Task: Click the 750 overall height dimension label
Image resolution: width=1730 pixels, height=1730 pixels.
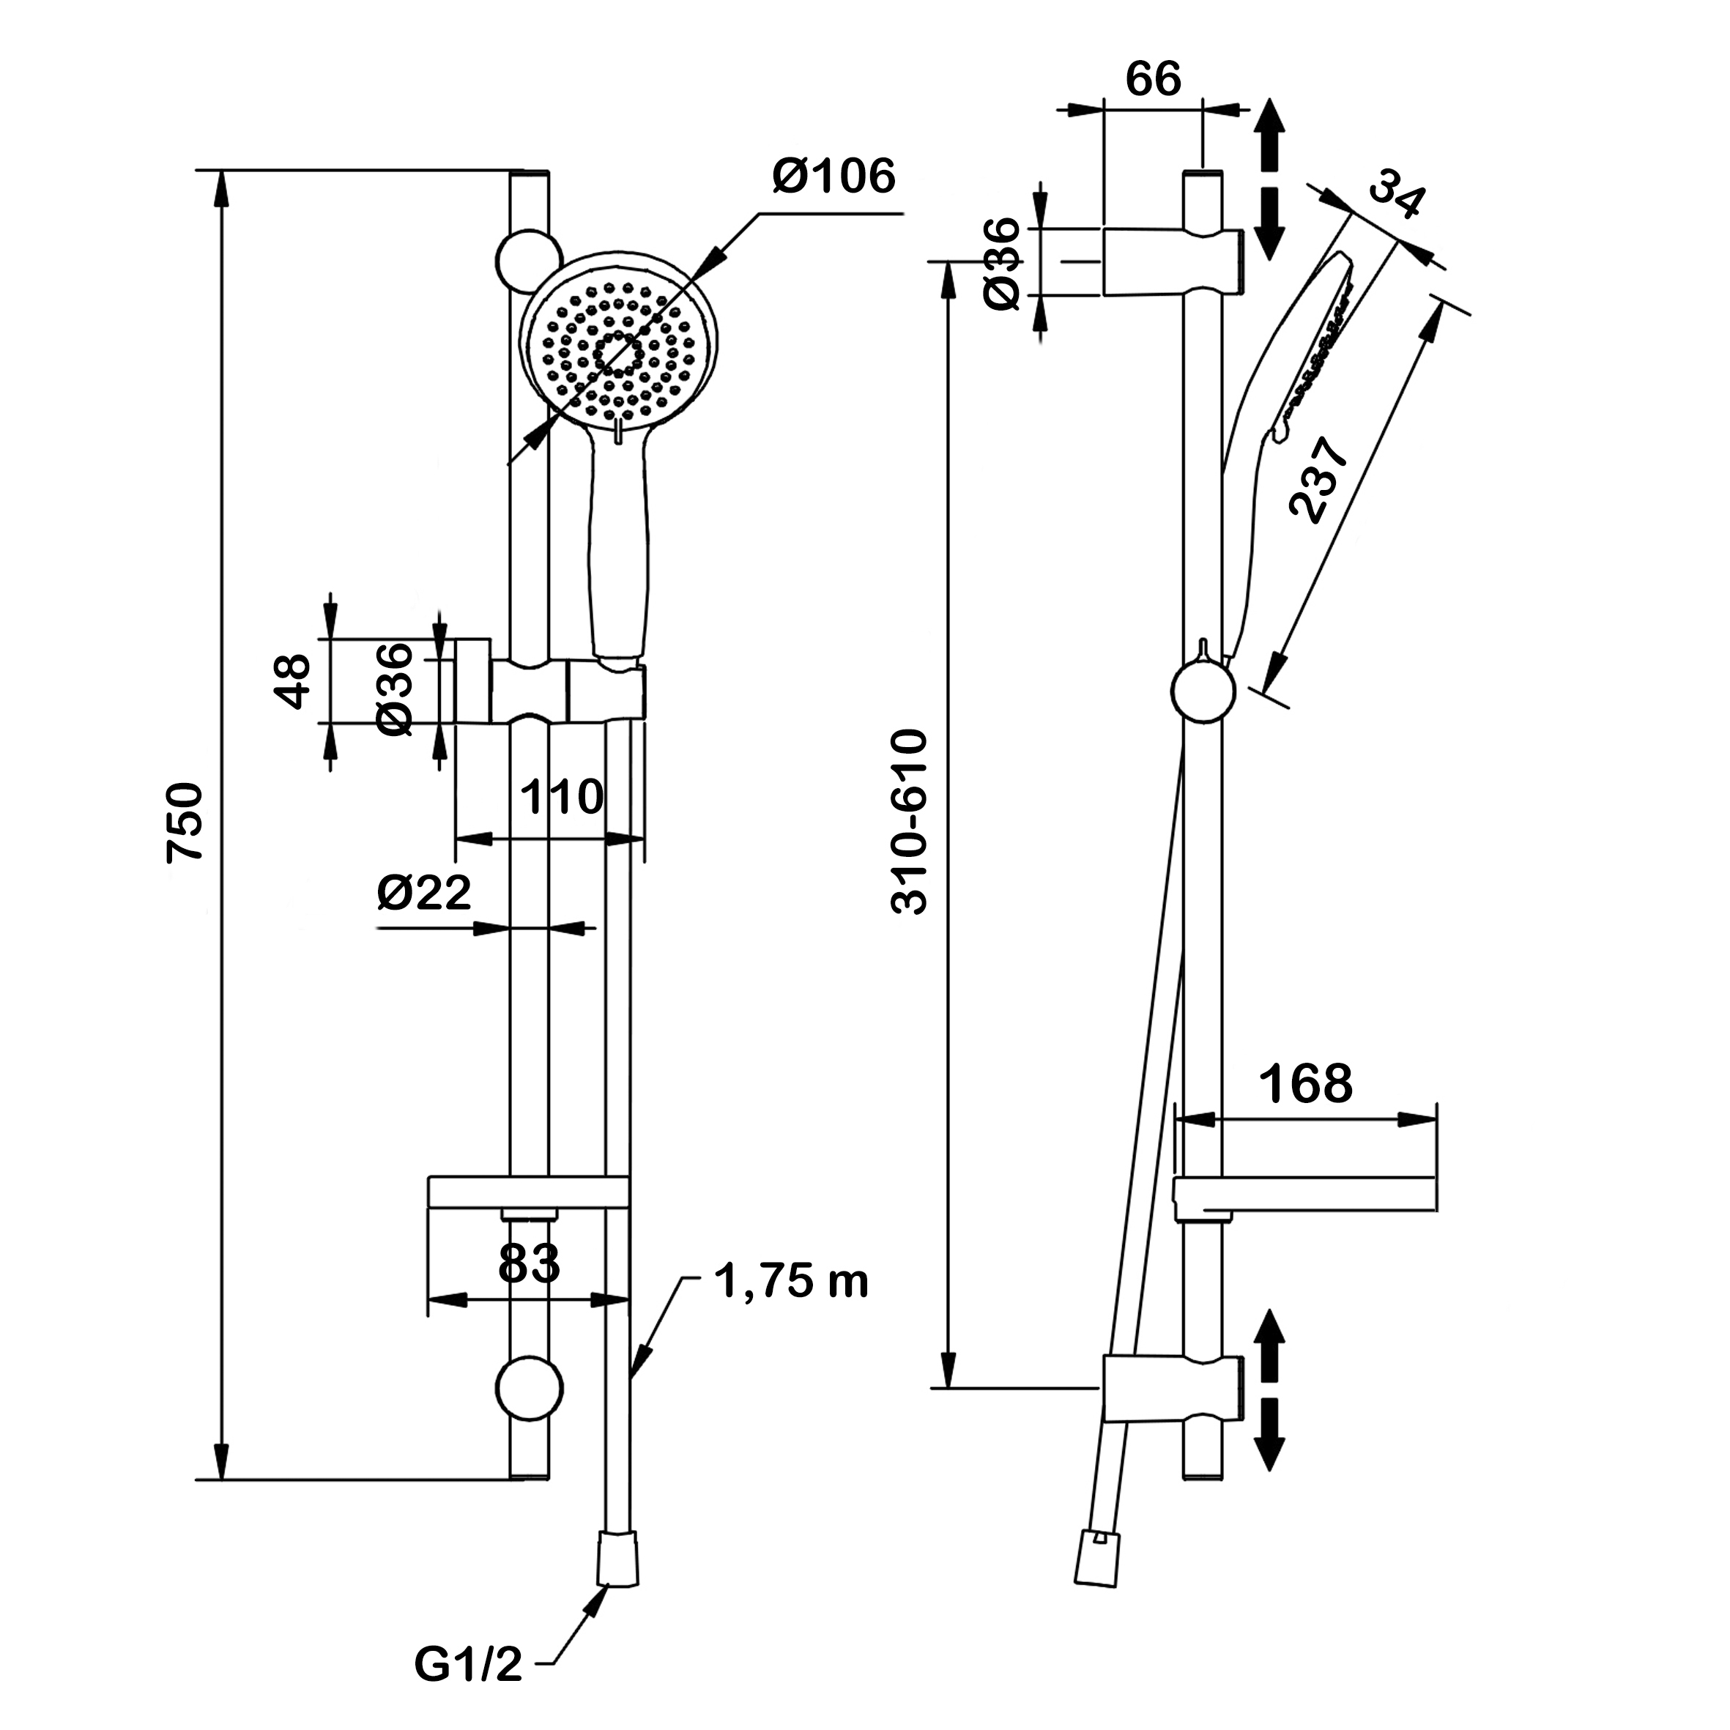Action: (186, 822)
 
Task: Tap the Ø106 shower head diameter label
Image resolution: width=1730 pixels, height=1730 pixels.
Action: (834, 177)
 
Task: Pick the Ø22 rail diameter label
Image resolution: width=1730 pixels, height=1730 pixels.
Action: (423, 893)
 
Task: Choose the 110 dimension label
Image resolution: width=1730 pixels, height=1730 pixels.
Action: (562, 797)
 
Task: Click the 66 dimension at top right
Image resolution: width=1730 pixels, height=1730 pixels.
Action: (1154, 79)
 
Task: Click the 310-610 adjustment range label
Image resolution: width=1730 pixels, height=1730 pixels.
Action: (910, 822)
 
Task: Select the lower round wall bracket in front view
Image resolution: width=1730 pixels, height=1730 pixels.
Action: (530, 1389)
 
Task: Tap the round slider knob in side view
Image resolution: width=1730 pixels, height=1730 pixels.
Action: (1203, 691)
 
